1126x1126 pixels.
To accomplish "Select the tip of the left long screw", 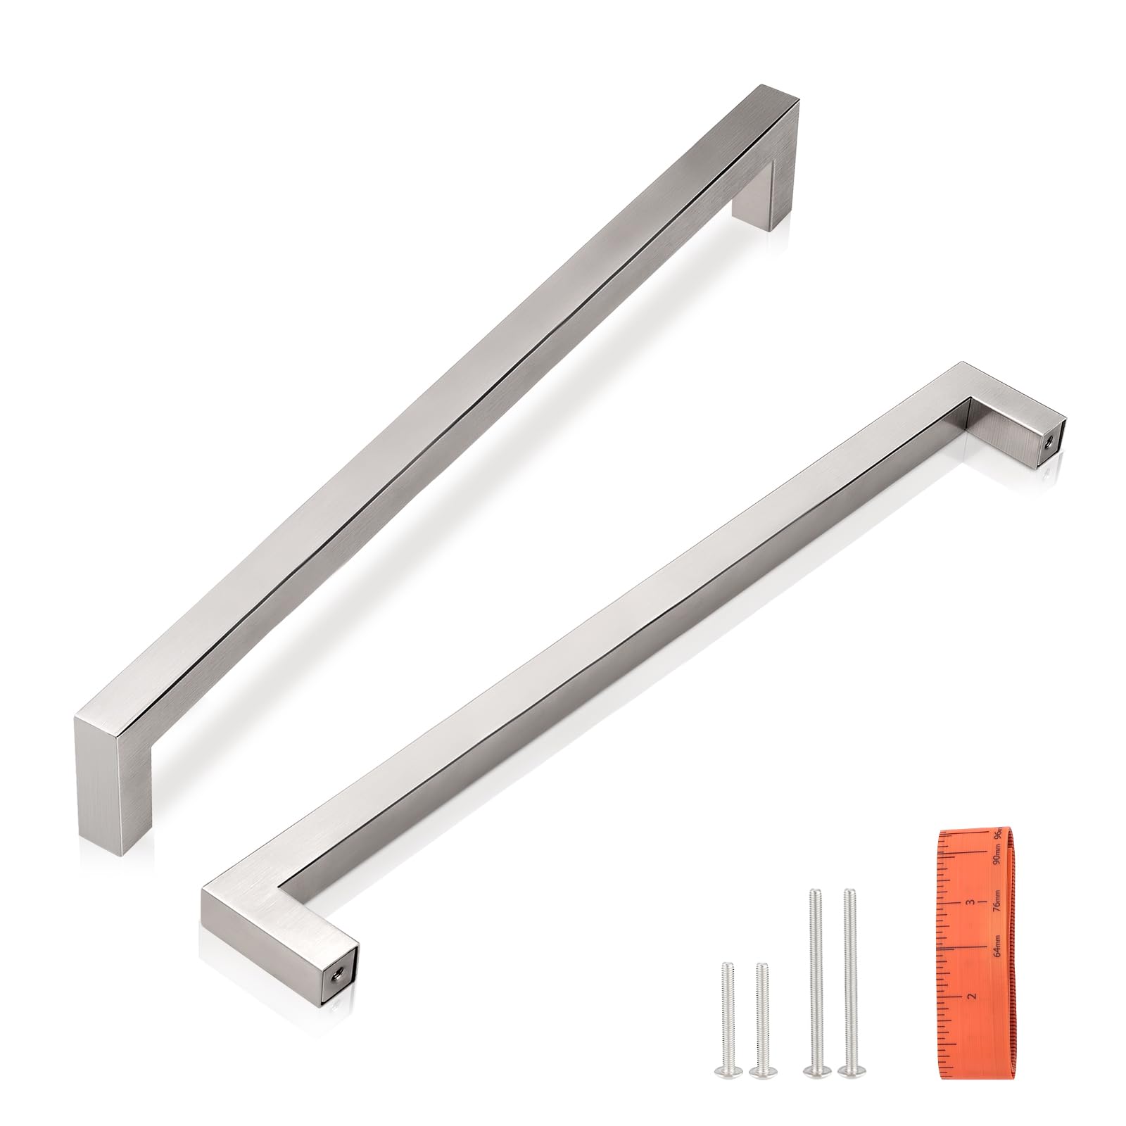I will (815, 892).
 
